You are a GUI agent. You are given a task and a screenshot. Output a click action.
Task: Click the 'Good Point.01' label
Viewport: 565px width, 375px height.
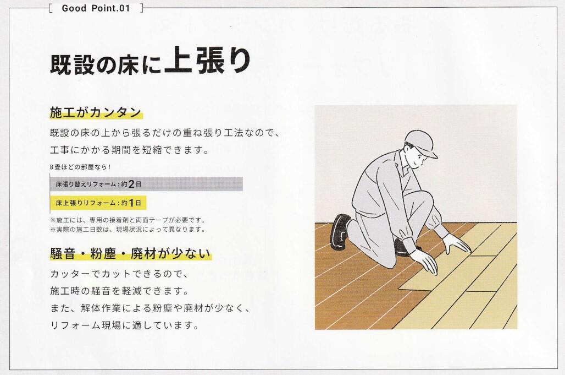pos(96,8)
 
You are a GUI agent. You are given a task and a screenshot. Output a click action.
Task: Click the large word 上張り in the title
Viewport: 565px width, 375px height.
pos(208,61)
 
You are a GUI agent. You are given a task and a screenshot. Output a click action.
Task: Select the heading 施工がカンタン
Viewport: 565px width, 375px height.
pos(96,112)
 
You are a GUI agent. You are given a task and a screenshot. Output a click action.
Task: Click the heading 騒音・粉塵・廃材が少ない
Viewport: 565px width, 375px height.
pos(130,253)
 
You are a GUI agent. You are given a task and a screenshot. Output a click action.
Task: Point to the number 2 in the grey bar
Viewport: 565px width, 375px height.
pos(131,184)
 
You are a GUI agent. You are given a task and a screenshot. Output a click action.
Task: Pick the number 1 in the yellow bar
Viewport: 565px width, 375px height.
pos(131,203)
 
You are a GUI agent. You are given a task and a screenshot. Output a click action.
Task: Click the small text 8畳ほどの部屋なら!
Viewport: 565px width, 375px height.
pos(80,167)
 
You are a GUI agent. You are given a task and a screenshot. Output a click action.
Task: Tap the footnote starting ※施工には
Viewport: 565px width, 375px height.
pos(128,220)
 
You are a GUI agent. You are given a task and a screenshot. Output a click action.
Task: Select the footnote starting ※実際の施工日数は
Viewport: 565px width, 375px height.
pos(128,229)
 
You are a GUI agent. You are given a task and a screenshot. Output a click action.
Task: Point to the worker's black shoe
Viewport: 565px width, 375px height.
pos(340,231)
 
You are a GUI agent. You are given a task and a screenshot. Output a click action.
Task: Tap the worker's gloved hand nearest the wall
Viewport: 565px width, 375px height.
pos(458,244)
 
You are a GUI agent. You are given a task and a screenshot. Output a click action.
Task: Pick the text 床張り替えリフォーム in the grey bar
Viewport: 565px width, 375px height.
pos(86,184)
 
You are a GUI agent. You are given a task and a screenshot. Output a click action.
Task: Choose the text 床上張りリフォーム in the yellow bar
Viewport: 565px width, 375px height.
pos(86,203)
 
